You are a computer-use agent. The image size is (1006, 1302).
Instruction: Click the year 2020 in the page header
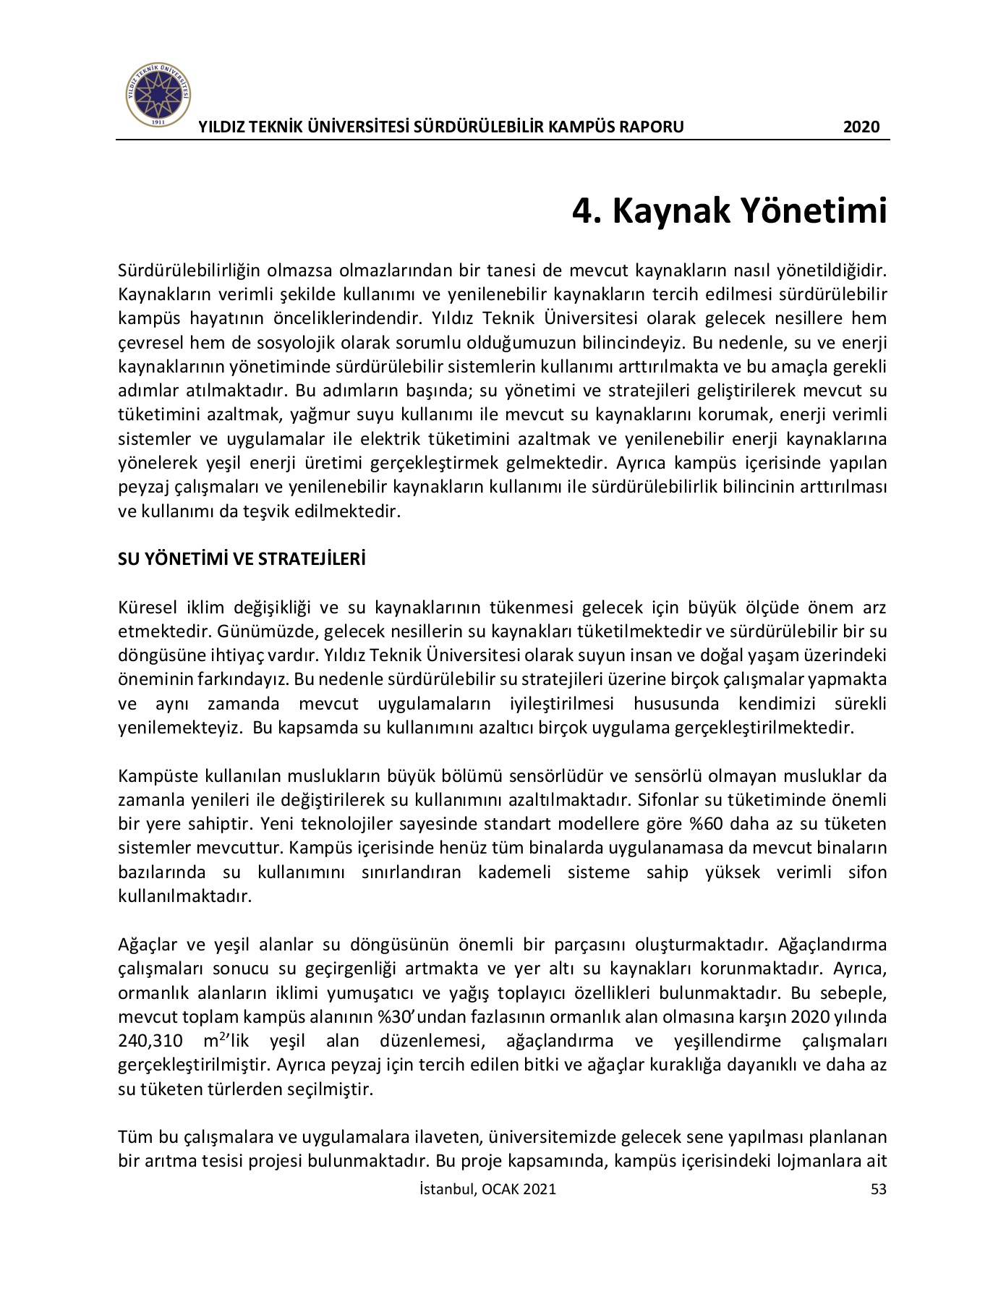[x=861, y=127]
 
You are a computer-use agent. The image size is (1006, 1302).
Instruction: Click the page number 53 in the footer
[x=878, y=1189]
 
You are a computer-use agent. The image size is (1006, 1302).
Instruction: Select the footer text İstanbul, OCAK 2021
[x=487, y=1189]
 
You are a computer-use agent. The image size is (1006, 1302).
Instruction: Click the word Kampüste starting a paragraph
[x=158, y=776]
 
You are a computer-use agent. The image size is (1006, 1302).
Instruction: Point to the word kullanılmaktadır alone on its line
[x=184, y=896]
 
